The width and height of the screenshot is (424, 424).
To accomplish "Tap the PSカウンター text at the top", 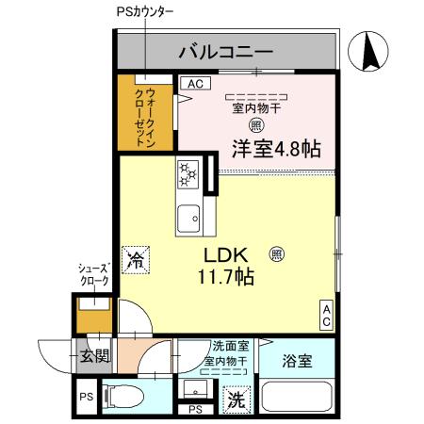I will (144, 11).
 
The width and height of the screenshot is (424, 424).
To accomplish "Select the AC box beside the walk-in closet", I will (194, 84).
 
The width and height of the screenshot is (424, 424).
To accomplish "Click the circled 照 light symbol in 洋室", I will (255, 124).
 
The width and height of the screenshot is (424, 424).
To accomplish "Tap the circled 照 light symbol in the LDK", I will (276, 253).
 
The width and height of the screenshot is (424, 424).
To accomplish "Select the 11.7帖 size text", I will (225, 278).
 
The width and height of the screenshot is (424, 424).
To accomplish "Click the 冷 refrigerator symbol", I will (137, 258).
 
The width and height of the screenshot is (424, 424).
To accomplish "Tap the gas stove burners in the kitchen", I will (188, 175).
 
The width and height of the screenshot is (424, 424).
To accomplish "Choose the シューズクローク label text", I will (93, 274).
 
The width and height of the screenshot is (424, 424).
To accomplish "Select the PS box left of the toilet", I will (86, 397).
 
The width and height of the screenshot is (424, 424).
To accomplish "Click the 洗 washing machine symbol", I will (236, 400).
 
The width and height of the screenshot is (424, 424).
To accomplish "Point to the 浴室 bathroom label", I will (297, 358).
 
